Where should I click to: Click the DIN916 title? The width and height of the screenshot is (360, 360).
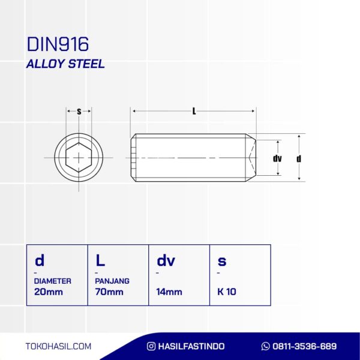(x=58, y=44)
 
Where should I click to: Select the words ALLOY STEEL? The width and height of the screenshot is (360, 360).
(x=65, y=64)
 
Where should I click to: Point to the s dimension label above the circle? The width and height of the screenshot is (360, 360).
(x=79, y=112)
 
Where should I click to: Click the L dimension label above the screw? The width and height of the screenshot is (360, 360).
(x=194, y=112)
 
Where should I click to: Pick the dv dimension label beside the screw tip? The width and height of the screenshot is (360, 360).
(x=277, y=158)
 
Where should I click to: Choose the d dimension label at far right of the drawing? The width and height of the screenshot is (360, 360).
(x=299, y=158)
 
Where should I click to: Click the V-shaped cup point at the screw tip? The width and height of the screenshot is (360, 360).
(x=252, y=157)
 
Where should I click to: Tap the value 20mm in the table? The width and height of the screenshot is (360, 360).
(x=49, y=292)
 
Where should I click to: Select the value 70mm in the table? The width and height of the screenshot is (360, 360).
(x=109, y=292)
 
